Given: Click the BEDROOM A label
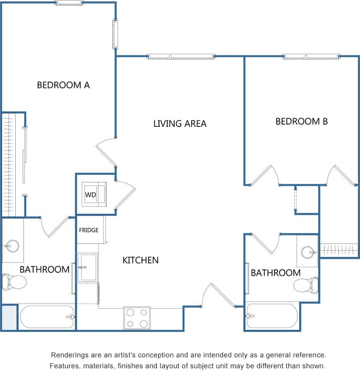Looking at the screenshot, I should pos(63,85).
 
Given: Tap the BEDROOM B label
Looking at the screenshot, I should pos(301,122).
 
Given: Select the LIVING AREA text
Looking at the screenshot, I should pos(180,124).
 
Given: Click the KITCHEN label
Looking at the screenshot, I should pos(140,260).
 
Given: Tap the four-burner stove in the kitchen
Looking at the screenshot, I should pos(137,318).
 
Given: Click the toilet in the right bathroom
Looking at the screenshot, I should pos(306,285).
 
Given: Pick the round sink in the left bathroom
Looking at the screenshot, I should pos(12,246).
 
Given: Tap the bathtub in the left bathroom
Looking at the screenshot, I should pos(46,317).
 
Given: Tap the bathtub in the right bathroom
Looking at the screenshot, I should pos(272,316).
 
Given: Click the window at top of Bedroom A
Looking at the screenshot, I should pos(69,3).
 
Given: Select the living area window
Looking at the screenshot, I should pos(181,57).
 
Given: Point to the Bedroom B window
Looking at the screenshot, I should pos(311,57).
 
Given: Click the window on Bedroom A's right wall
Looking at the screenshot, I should pos(115,35).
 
